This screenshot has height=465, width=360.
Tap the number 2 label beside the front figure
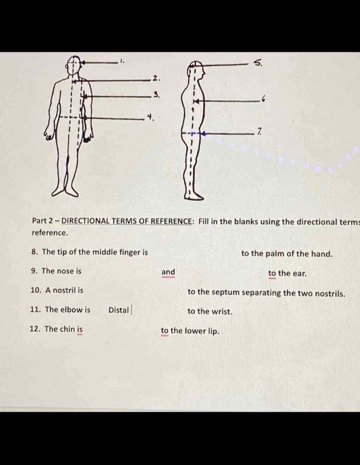(155, 77)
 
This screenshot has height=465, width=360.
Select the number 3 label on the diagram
(155, 95)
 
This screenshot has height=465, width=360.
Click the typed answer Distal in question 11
(118, 310)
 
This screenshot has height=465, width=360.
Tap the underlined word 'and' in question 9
(168, 272)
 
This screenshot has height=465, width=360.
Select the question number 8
(34, 252)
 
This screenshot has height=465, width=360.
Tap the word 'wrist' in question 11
(221, 311)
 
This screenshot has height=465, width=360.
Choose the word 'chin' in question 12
(68, 329)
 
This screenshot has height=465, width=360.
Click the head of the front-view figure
(73, 65)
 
